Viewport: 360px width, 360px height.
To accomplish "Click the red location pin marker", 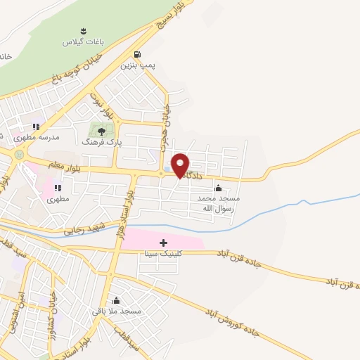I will pyautogui.click(x=181, y=165).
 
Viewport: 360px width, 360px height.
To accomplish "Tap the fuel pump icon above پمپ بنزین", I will pyautogui.click(x=136, y=54).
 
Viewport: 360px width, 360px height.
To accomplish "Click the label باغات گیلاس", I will pyautogui.click(x=83, y=42).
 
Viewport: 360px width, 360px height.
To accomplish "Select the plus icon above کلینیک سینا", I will pyautogui.click(x=163, y=242).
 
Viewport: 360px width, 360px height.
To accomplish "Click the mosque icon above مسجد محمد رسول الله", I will pyautogui.click(x=218, y=188).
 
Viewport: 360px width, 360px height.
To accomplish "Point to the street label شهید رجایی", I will pyautogui.click(x=84, y=227).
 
